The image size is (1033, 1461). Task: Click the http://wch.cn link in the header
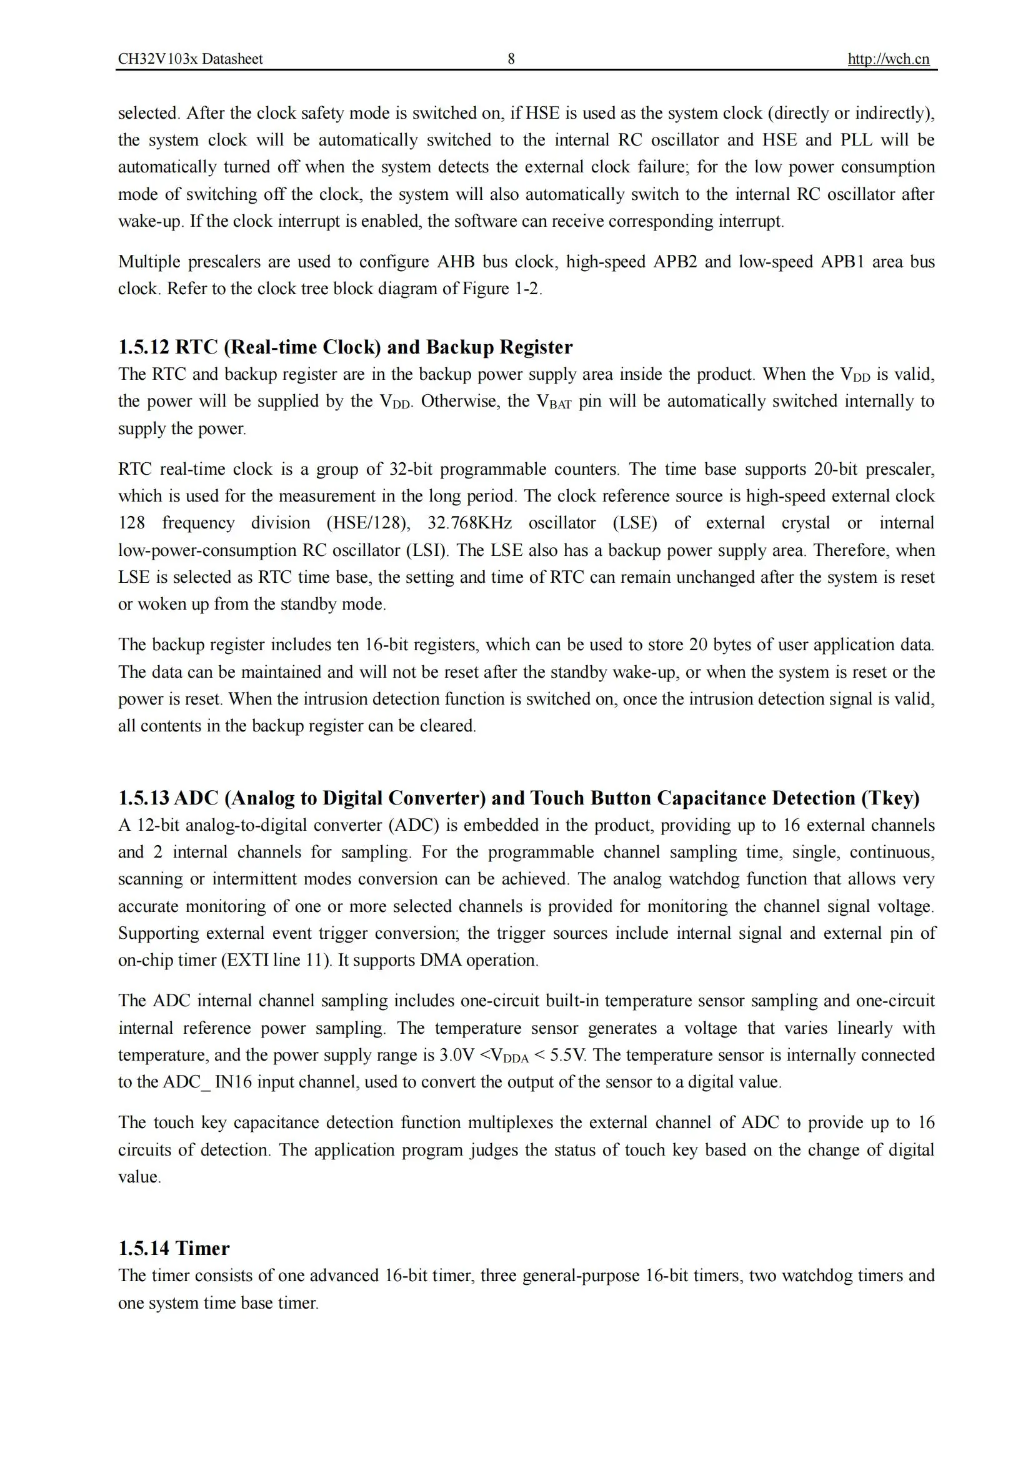(x=888, y=59)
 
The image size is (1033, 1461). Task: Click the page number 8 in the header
(x=511, y=59)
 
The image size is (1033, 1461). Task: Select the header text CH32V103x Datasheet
(x=190, y=59)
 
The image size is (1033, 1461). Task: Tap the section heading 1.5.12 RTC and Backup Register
(x=345, y=347)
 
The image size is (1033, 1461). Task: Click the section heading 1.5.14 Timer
(x=174, y=1248)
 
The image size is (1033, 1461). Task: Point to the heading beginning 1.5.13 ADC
(x=518, y=798)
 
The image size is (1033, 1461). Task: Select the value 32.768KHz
(x=469, y=523)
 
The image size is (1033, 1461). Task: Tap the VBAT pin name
(x=554, y=402)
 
